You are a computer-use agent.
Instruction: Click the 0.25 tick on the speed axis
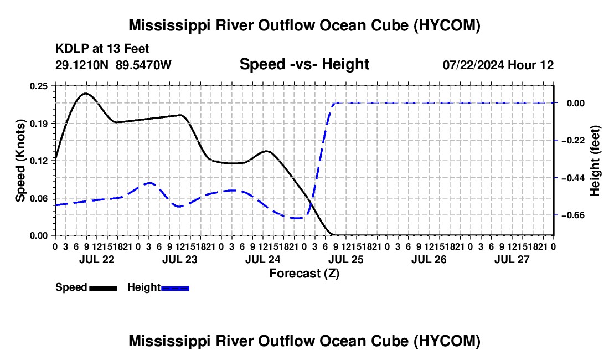point(39,86)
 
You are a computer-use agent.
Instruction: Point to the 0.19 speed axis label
point(39,124)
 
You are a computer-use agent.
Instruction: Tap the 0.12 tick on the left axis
point(39,161)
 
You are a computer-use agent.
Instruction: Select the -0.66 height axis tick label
point(573,215)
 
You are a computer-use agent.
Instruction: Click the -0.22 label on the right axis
point(573,140)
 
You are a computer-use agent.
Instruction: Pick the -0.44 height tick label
point(573,178)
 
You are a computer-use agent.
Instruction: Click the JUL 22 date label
point(97,259)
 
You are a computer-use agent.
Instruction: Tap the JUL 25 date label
point(345,259)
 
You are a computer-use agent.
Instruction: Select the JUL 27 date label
point(512,259)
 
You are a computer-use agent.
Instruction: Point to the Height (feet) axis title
point(595,161)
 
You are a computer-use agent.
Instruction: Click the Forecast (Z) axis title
point(304,274)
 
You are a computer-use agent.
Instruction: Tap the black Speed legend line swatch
point(104,289)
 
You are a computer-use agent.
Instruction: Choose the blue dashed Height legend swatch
point(175,289)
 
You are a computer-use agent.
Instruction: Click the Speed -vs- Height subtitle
point(304,64)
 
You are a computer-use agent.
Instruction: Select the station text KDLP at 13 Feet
point(102,49)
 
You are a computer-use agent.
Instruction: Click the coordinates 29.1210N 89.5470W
point(113,65)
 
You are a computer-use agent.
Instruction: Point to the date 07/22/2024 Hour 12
point(498,65)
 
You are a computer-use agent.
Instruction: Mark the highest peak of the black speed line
point(85,94)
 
